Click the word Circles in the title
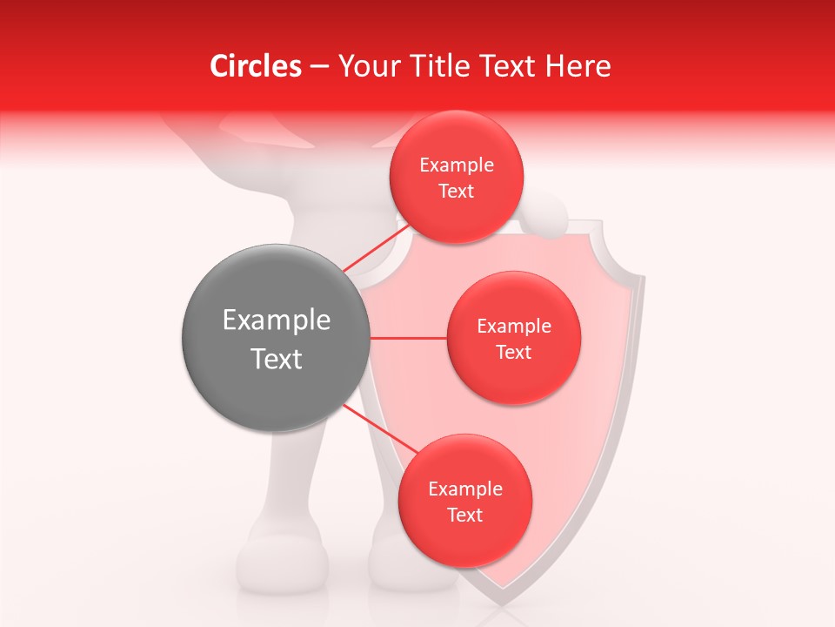[x=255, y=66]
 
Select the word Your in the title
[x=364, y=66]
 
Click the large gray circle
[x=276, y=338]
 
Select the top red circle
[x=456, y=177]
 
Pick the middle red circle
[x=513, y=338]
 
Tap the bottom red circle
[x=464, y=501]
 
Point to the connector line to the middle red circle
[x=408, y=338]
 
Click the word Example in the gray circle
[x=276, y=320]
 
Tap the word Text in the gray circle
[x=276, y=359]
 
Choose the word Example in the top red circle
[x=456, y=165]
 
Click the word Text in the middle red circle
[x=513, y=352]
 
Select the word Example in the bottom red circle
[x=464, y=489]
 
